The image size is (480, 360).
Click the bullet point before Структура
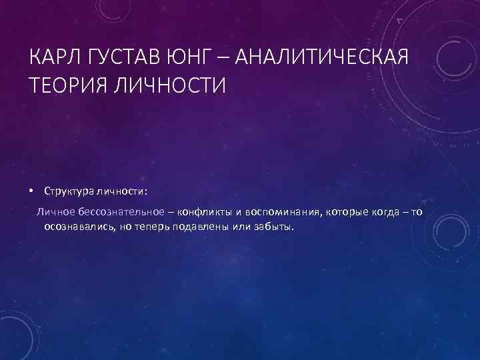tap(32, 191)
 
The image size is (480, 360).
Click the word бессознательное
tap(117, 212)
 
